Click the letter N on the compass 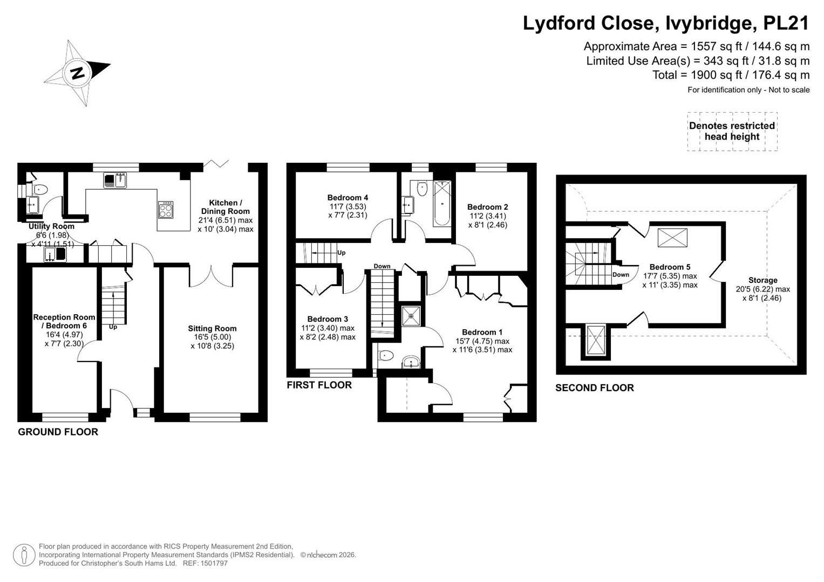pyautogui.click(x=78, y=73)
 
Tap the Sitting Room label pyautogui.click(x=212, y=329)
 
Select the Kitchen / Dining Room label pyautogui.click(x=226, y=207)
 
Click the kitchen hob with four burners pyautogui.click(x=166, y=210)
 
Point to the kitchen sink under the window pyautogui.click(x=115, y=181)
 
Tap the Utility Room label pyautogui.click(x=51, y=226)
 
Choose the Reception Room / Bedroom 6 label pyautogui.click(x=64, y=321)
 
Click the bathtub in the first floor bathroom pyautogui.click(x=442, y=203)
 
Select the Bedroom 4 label pyautogui.click(x=348, y=198)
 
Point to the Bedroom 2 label pyautogui.click(x=487, y=207)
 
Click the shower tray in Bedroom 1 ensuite pyautogui.click(x=411, y=316)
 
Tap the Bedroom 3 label pyautogui.click(x=328, y=319)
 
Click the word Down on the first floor pyautogui.click(x=382, y=266)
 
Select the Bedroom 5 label pyautogui.click(x=670, y=267)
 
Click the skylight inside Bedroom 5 pyautogui.click(x=672, y=238)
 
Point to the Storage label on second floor pyautogui.click(x=763, y=280)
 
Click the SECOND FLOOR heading pyautogui.click(x=595, y=388)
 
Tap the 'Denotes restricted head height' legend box pyautogui.click(x=732, y=131)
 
